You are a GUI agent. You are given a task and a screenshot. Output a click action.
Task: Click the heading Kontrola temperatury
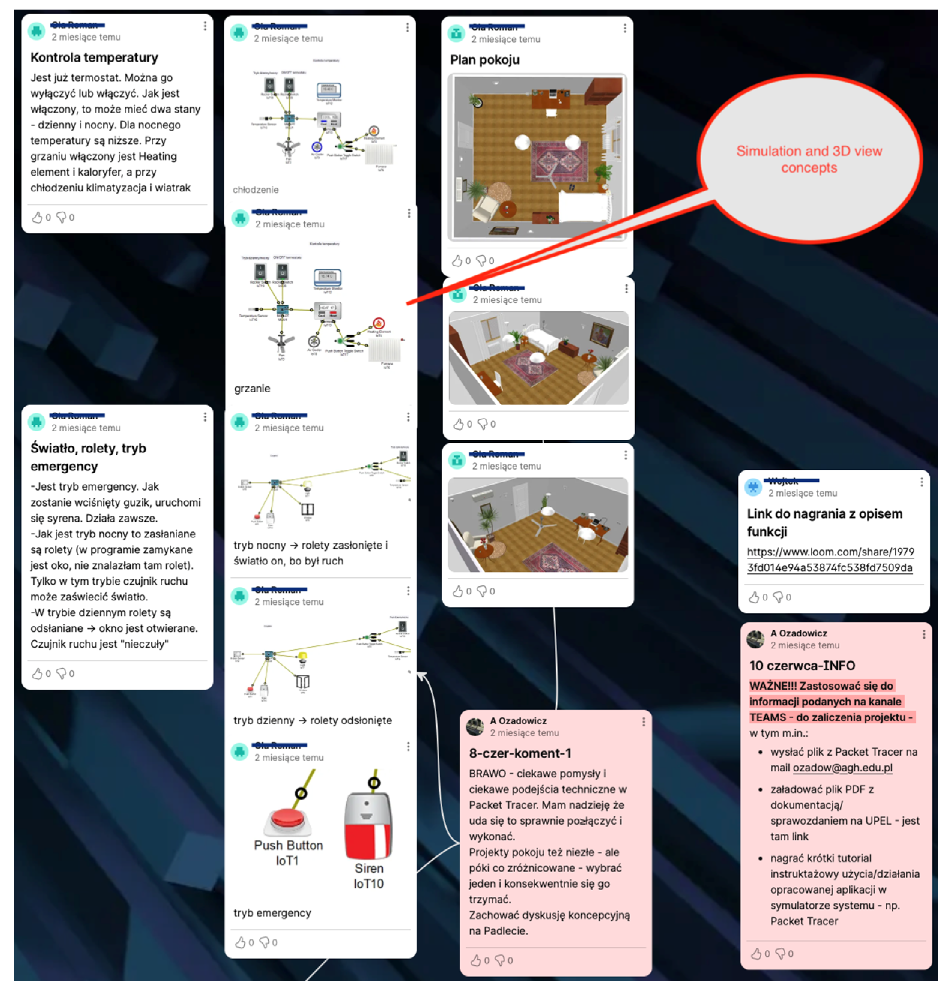(94, 57)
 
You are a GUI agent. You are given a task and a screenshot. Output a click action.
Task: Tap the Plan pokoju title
(484, 60)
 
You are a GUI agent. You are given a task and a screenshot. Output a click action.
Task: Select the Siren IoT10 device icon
(368, 825)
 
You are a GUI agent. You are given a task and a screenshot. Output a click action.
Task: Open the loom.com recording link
(830, 559)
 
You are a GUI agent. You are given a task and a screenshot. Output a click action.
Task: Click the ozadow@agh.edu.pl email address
(842, 768)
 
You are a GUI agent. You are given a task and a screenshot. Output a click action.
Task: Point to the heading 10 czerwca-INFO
(802, 665)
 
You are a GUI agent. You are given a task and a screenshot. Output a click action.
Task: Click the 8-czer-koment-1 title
(520, 753)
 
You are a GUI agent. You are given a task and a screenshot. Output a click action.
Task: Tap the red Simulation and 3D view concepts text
(809, 159)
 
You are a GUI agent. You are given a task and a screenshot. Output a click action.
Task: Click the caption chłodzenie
(256, 190)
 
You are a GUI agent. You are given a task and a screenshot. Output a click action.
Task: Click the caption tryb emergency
(272, 913)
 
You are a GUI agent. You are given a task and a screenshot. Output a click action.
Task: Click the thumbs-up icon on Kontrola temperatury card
(37, 217)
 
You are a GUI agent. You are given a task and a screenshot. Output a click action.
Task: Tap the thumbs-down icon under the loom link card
(778, 597)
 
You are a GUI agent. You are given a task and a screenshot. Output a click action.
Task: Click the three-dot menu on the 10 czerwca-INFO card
(924, 634)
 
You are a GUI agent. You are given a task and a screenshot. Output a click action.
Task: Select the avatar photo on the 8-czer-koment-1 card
(475, 727)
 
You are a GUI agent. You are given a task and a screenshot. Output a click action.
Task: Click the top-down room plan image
(538, 157)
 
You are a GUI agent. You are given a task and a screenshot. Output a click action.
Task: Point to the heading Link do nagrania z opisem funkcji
(824, 522)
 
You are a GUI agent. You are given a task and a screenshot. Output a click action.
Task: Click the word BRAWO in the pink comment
(487, 774)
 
